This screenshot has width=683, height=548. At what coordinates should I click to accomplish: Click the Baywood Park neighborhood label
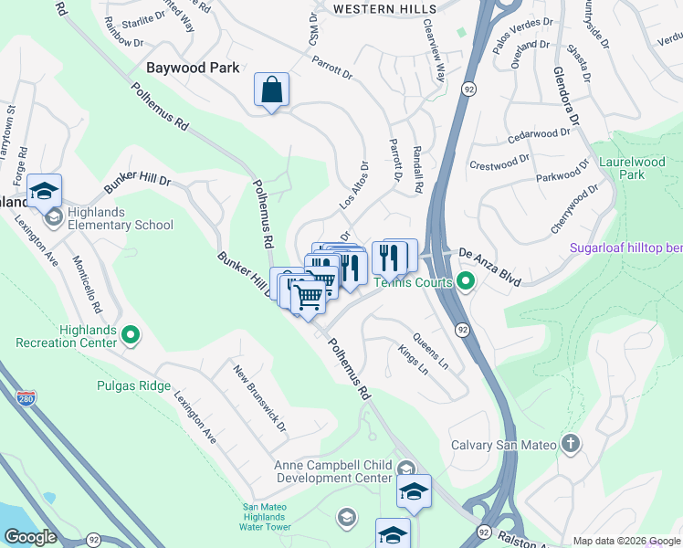tap(193, 68)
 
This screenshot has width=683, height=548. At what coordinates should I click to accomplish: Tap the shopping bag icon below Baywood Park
tap(271, 90)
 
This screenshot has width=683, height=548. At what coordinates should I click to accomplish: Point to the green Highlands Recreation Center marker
tap(131, 336)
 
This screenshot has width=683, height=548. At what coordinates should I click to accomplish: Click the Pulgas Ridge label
tap(133, 385)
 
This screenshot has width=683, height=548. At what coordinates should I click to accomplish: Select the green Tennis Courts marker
tap(466, 281)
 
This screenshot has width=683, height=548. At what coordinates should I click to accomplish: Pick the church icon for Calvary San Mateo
tap(571, 445)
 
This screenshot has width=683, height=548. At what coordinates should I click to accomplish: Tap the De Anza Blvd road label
tap(489, 266)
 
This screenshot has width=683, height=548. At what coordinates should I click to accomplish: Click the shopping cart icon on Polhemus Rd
tap(309, 296)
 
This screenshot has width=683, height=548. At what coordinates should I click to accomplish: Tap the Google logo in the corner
tap(30, 536)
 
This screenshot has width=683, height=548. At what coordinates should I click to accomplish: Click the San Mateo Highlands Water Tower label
tap(266, 518)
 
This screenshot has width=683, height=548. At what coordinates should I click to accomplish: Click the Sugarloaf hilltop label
tap(625, 248)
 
